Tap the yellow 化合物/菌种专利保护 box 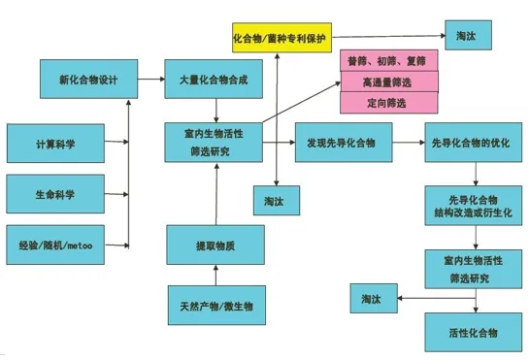point(279,39)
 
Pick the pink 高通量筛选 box point(388,82)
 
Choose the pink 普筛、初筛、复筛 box point(388,61)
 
